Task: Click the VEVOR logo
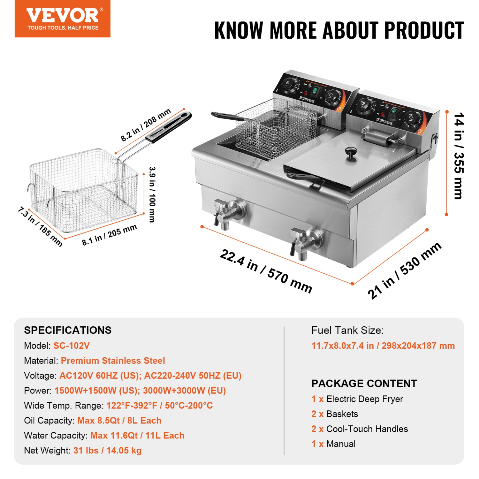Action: [63, 19]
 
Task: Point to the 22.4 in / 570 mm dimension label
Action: [266, 271]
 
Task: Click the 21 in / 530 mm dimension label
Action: [404, 270]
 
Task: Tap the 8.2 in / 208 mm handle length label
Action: [146, 125]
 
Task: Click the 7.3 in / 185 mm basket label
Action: [40, 226]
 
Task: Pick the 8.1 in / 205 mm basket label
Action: [109, 235]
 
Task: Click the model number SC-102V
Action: [72, 346]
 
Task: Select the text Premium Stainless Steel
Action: [113, 361]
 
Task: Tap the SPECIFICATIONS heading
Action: [68, 330]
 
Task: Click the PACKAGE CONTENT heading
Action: [364, 383]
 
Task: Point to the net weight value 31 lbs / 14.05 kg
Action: [107, 450]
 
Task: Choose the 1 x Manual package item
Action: [333, 444]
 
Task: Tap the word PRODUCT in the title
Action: [424, 31]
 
